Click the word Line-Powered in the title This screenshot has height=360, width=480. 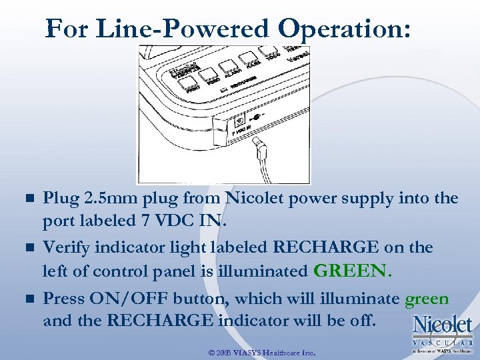click(x=182, y=29)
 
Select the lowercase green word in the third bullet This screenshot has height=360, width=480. click(x=427, y=299)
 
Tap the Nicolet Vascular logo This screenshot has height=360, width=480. click(x=442, y=331)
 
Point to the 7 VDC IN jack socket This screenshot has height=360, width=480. click(x=239, y=121)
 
